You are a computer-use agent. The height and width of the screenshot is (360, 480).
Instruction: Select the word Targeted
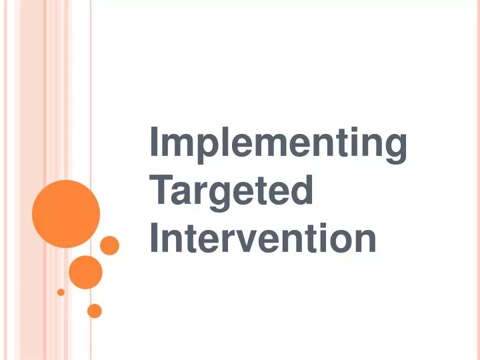(231, 191)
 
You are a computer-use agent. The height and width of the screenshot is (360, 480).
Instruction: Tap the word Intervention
(263, 238)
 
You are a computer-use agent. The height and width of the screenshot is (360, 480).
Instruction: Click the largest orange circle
(66, 214)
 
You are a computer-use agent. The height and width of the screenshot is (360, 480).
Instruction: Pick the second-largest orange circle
(85, 272)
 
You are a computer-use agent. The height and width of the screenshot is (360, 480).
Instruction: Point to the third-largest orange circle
(109, 245)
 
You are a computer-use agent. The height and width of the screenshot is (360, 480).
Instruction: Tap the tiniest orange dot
(61, 292)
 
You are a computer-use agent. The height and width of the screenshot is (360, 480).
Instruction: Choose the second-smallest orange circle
(95, 311)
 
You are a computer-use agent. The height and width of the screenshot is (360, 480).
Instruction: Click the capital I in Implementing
(153, 143)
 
